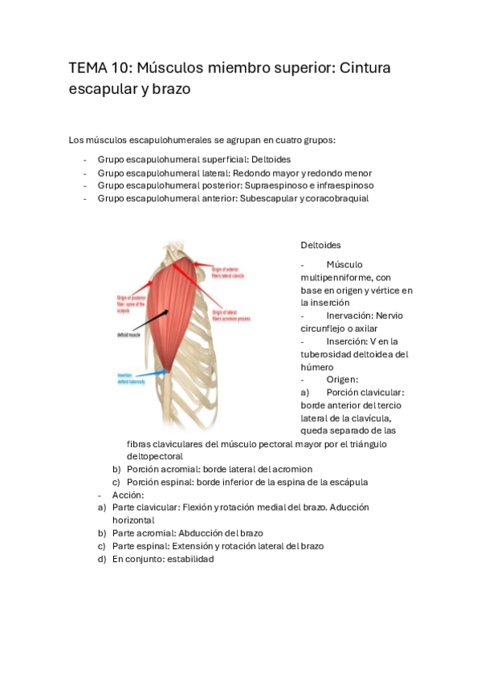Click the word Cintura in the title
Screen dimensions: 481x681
pyautogui.click(x=363, y=68)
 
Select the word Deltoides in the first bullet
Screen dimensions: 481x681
pyautogui.click(x=269, y=160)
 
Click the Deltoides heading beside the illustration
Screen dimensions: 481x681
pyautogui.click(x=320, y=245)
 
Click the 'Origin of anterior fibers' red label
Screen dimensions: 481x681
pyautogui.click(x=233, y=272)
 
